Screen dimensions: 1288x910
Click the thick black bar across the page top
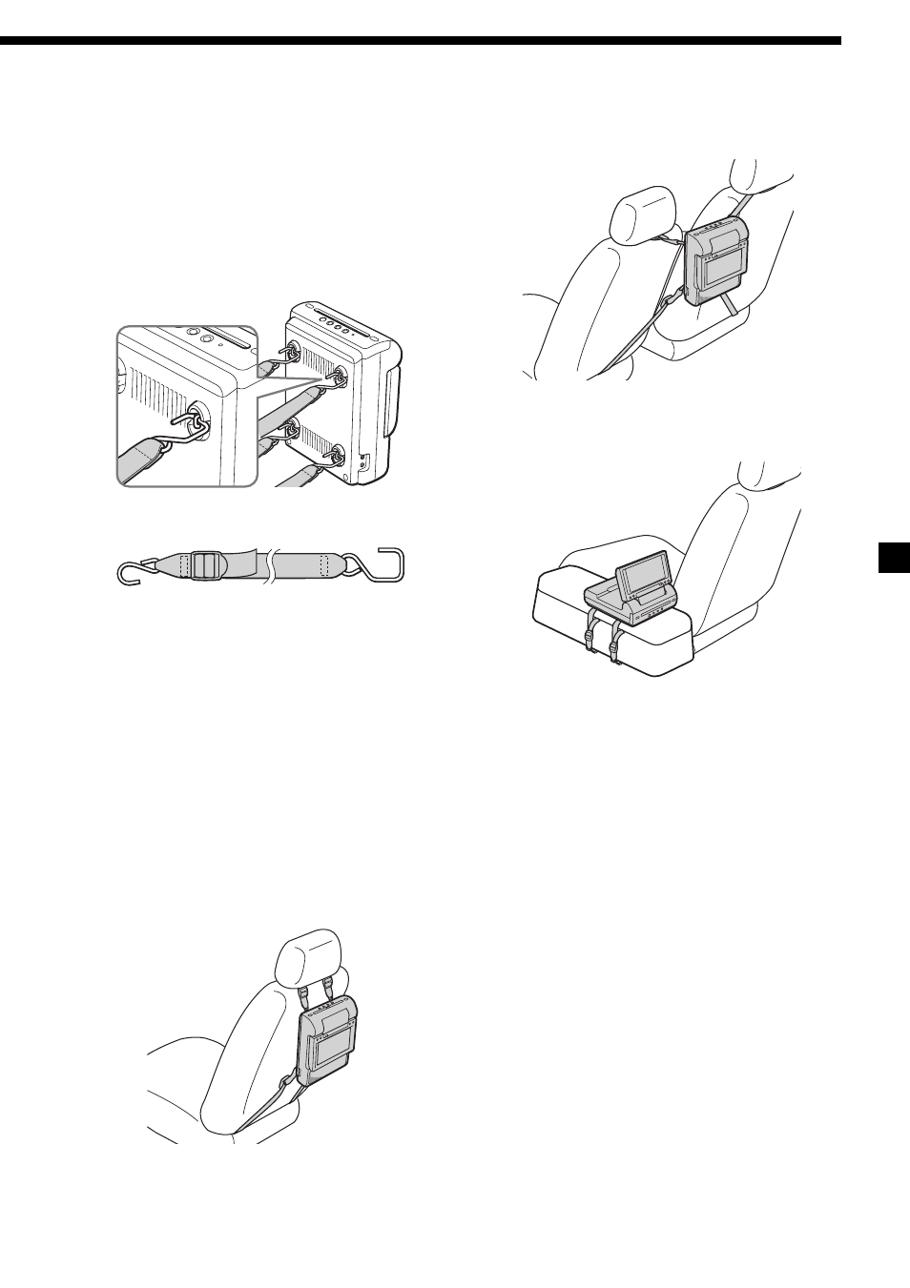[421, 41]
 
